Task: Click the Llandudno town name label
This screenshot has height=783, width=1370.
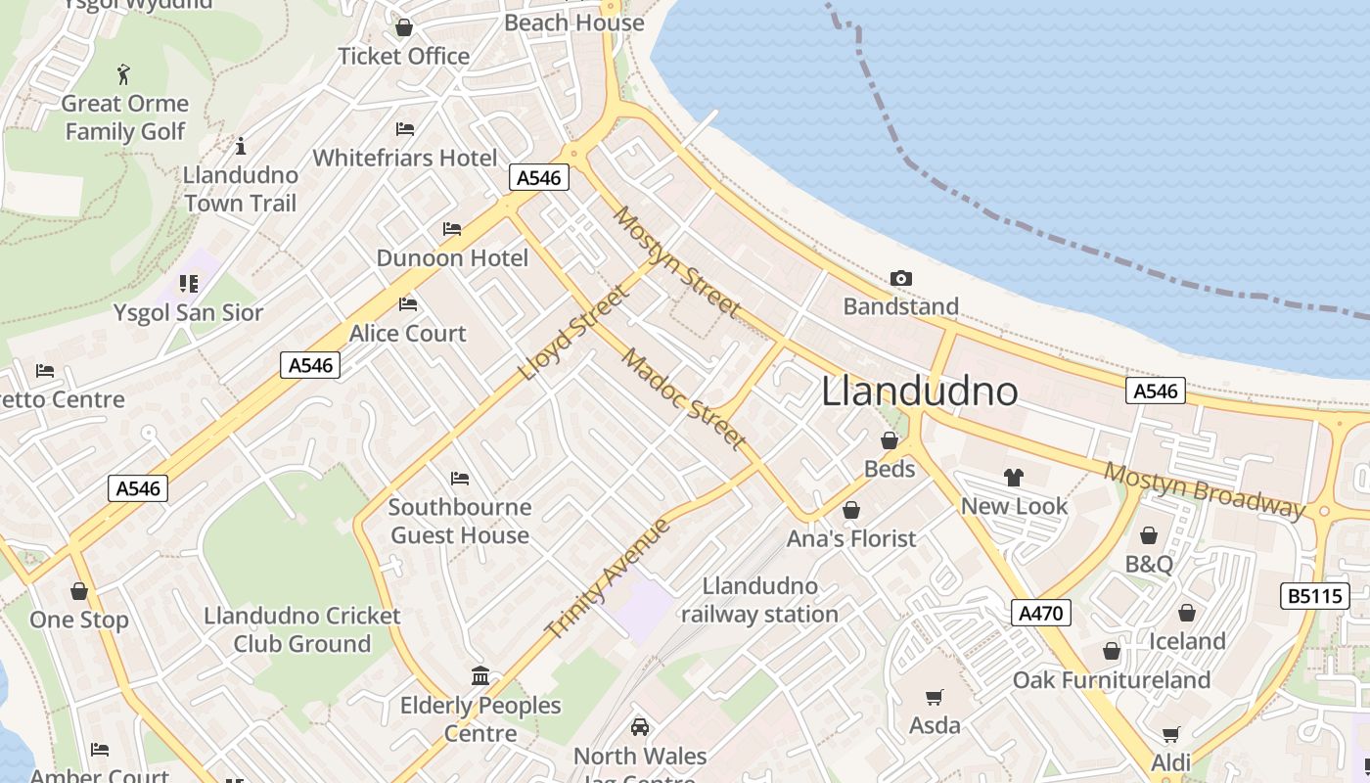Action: (920, 391)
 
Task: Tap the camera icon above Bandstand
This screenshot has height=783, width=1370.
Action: (901, 279)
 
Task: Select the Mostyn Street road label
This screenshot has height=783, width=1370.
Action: (676, 261)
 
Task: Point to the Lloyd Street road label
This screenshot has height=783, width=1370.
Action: (574, 333)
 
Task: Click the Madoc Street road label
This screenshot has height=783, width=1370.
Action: (684, 398)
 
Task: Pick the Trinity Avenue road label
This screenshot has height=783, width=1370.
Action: (608, 578)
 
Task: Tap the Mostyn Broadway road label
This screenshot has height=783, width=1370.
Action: (1205, 488)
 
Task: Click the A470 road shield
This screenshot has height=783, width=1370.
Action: (1041, 614)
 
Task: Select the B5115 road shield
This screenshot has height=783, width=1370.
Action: (1314, 595)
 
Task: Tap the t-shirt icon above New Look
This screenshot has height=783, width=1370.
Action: (1013, 478)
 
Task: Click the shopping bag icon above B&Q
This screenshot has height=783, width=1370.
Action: (1149, 535)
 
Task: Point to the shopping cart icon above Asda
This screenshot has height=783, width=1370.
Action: (935, 697)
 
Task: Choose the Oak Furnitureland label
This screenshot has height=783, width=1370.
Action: (1112, 680)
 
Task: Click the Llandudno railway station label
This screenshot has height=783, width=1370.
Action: (760, 600)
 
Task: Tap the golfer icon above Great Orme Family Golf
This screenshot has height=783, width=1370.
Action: (123, 74)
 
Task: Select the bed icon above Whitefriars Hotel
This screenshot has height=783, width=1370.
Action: (405, 129)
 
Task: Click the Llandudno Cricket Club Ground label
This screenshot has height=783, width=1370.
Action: (302, 629)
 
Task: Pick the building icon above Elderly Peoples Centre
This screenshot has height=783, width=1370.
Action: (480, 676)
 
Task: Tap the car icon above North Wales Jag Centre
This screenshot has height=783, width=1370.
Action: (640, 727)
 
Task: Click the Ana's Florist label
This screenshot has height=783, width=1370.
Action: (851, 538)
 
